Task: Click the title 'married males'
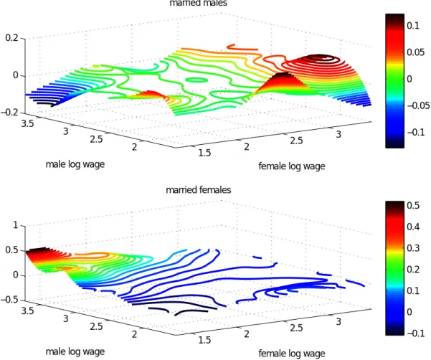199,3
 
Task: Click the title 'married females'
199,190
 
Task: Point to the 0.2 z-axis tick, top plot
11,37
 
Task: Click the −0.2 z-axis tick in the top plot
9,113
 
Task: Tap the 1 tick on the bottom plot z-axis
16,225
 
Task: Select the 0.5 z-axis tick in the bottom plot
11,250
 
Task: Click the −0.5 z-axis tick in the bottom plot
9,300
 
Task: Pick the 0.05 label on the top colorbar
416,52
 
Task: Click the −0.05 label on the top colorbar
418,105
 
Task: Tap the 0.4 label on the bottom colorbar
413,227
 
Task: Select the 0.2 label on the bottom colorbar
413,270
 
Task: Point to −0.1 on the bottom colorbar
416,333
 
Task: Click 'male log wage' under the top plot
75,164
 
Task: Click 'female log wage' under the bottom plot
292,354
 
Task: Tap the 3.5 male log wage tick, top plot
27,123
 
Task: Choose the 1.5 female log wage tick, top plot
204,153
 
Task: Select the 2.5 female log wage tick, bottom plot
296,328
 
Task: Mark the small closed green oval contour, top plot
196,80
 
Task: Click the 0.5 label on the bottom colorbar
413,205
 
